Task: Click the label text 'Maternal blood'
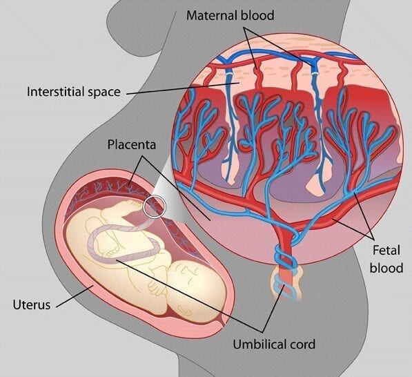pos(230,15)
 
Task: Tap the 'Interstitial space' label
pos(74,92)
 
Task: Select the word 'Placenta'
pos(132,144)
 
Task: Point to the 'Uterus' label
pos(32,305)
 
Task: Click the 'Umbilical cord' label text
pos(274,344)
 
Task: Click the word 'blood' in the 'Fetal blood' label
pos(386,268)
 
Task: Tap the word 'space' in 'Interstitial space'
pos(104,93)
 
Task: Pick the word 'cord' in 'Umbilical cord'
pos(302,344)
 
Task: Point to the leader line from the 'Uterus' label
pos(75,296)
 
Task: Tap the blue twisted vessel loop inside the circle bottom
pos(286,253)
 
